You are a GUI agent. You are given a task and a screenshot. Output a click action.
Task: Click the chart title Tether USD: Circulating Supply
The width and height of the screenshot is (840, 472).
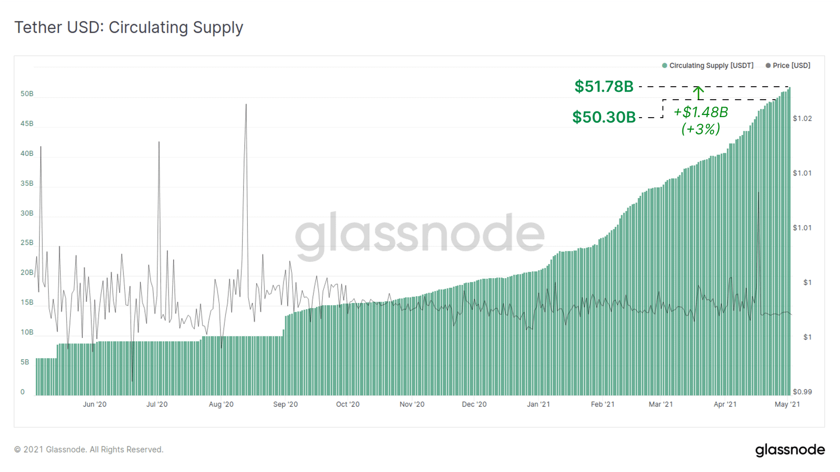point(129,27)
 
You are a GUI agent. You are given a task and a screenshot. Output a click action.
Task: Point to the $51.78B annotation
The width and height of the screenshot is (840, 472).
point(604,86)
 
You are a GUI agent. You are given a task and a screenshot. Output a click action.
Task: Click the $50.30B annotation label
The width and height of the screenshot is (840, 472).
point(604,117)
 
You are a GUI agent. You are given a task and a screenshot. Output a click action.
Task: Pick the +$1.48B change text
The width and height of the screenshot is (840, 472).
point(700,112)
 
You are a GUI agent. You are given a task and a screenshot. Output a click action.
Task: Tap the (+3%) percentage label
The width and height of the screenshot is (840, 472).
point(700,129)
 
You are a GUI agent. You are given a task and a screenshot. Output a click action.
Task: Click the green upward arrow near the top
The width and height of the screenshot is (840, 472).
point(698,92)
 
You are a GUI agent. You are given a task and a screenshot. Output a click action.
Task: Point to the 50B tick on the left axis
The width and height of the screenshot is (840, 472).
point(27,94)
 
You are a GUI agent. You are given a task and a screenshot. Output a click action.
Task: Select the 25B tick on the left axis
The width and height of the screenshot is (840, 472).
point(27,243)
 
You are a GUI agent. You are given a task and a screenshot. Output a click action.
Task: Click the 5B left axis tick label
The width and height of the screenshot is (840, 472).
point(25,362)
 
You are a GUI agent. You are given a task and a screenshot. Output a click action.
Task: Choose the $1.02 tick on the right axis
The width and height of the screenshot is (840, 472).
point(802,119)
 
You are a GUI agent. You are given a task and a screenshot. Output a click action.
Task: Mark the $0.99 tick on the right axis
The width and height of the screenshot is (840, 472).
point(802,392)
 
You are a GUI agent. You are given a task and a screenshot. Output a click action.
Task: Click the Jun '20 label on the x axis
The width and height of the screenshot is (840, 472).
point(94,404)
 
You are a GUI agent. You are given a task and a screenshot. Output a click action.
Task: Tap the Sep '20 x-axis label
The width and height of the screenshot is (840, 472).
point(285,404)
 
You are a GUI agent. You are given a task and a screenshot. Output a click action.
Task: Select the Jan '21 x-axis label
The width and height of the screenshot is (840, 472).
point(538,404)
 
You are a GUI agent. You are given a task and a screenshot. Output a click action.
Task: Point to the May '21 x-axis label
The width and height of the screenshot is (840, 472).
point(787,404)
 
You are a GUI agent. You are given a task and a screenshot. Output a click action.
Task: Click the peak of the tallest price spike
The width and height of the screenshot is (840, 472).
point(246,104)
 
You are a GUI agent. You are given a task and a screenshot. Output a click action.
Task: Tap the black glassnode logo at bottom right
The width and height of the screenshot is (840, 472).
point(790,450)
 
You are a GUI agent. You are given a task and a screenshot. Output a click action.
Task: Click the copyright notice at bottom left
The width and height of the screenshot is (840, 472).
point(89,449)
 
